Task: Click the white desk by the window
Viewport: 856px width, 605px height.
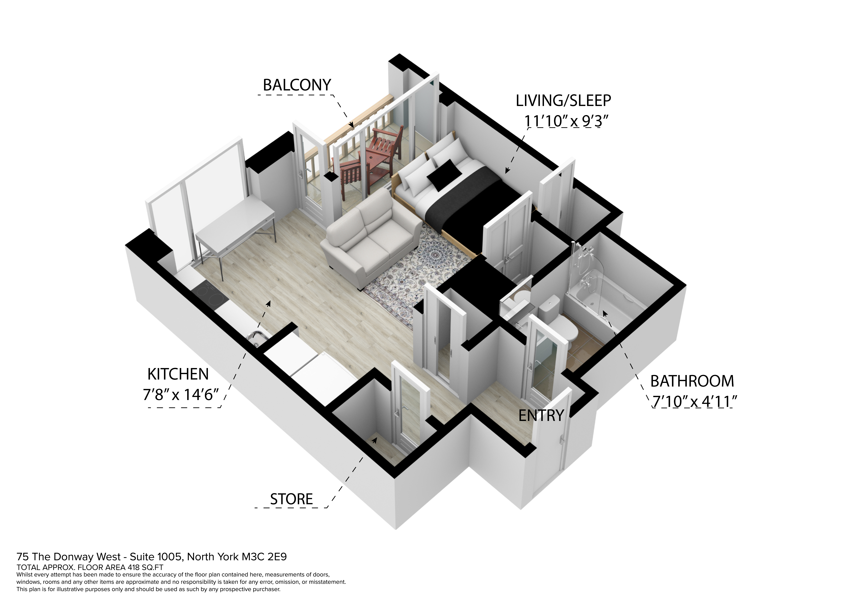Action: point(235,227)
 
